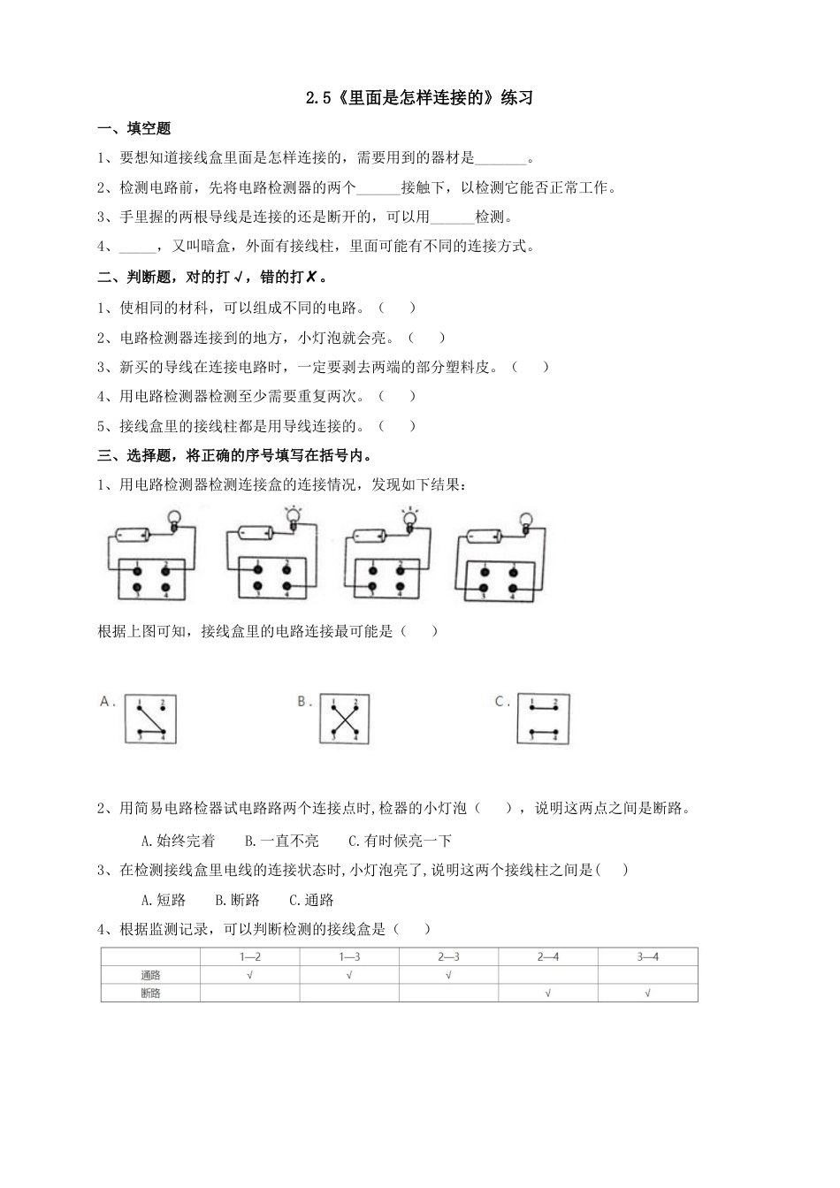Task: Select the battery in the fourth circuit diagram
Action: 485,536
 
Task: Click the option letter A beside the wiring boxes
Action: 106,701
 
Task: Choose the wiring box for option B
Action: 344,719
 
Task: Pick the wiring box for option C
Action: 543,719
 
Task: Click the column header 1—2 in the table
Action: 250,957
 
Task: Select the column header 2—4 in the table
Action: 548,957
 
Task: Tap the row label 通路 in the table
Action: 151,975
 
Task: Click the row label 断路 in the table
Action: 151,993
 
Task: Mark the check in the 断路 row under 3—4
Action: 648,993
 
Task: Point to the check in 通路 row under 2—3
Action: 448,975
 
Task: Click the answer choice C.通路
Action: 311,901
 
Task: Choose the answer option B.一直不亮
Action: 281,841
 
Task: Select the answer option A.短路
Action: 164,901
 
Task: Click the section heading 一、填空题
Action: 134,129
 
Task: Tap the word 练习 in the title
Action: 517,98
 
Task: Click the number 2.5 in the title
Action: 318,98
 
